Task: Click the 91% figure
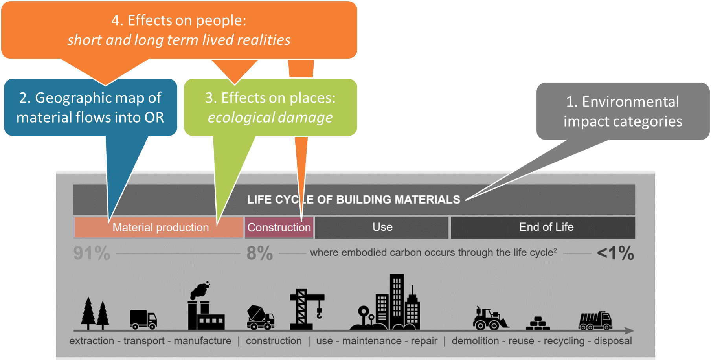[x=92, y=253]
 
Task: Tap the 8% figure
[x=259, y=253]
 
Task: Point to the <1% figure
[x=615, y=253]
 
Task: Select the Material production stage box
[x=160, y=228]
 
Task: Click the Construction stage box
[x=279, y=228]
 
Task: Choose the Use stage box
[x=382, y=227]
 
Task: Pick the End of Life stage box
[x=546, y=227]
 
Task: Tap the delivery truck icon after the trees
[x=143, y=319]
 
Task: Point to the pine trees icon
[x=95, y=314]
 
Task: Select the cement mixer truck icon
[x=260, y=317]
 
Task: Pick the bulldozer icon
[x=490, y=318]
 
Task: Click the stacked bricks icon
[x=538, y=323]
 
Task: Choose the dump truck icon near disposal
[x=595, y=321]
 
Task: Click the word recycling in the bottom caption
[x=564, y=341]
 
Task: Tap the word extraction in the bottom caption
[x=92, y=341]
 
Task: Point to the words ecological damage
[x=270, y=118]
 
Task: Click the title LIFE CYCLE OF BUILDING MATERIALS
[x=353, y=200]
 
